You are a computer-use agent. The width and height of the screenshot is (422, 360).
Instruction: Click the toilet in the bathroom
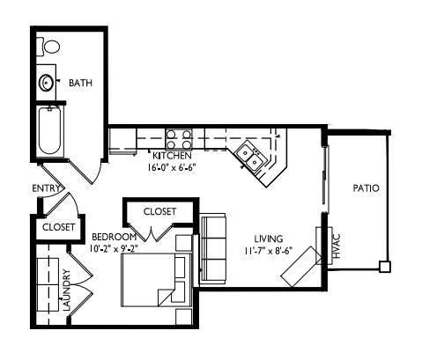click(48, 46)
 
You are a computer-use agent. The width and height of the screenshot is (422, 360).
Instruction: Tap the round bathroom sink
click(47, 83)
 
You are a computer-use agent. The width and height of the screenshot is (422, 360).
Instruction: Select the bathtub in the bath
click(50, 130)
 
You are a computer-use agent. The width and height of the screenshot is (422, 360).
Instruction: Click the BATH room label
click(80, 83)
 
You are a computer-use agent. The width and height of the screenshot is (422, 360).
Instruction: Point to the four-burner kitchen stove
click(179, 139)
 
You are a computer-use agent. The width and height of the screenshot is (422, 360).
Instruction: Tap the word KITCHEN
click(172, 156)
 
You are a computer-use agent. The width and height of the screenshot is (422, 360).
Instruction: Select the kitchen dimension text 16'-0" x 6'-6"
click(172, 167)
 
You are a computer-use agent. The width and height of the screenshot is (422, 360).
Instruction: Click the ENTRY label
click(46, 188)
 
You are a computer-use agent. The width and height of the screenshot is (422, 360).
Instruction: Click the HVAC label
click(337, 246)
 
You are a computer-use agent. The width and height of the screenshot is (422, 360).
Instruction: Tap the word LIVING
click(269, 239)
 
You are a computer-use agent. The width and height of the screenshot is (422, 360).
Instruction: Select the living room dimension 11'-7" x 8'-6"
click(268, 251)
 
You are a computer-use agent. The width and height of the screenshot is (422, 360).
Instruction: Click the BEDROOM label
click(115, 237)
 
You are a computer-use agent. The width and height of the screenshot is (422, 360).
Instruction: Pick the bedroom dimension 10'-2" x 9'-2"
click(115, 249)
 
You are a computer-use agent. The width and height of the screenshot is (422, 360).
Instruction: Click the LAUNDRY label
click(67, 290)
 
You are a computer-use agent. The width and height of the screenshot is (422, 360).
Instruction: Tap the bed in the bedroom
click(157, 280)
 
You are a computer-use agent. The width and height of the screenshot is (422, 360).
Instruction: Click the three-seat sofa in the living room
click(212, 248)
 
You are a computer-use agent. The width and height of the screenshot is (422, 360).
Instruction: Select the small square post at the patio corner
click(384, 267)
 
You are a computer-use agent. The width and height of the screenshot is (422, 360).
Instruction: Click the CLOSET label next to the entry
click(58, 227)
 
